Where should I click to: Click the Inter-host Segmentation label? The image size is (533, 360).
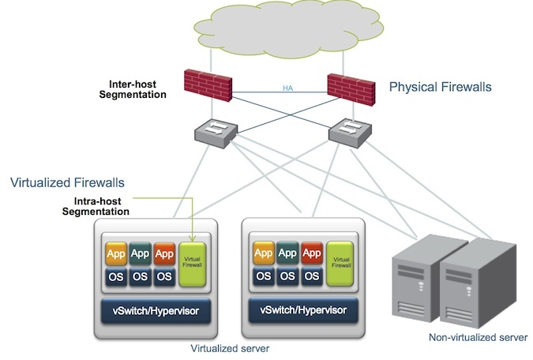tap(133, 88)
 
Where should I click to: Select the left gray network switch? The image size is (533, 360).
tap(211, 133)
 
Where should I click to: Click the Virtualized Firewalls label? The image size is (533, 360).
tap(67, 182)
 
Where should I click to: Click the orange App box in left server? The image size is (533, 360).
tap(117, 253)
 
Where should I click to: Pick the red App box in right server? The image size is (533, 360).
tap(312, 253)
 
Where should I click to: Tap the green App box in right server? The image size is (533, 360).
tap(287, 253)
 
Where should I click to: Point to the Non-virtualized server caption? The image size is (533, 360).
tap(478, 337)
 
